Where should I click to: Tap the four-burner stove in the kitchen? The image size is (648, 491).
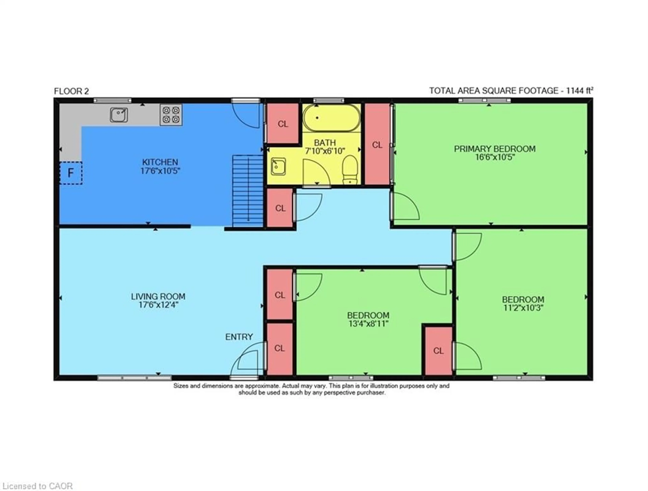171,115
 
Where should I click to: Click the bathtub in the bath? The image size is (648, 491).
331,118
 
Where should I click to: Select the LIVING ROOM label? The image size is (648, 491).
158,297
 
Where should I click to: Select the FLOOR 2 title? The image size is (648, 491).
71,91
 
